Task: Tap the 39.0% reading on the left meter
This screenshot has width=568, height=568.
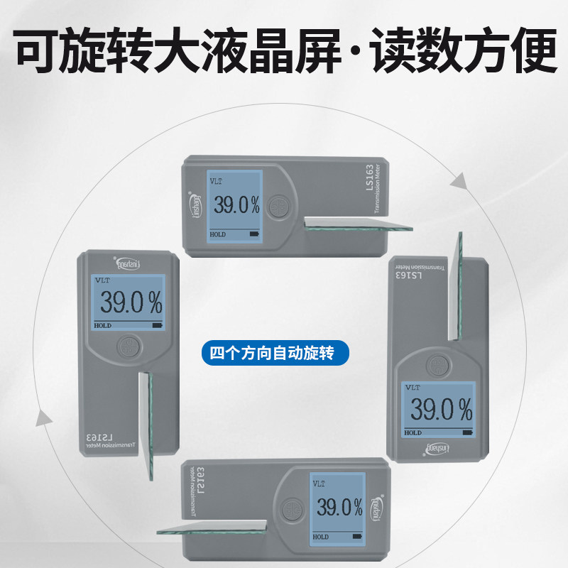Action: click(131, 303)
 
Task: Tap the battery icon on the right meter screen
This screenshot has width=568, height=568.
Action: click(466, 432)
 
